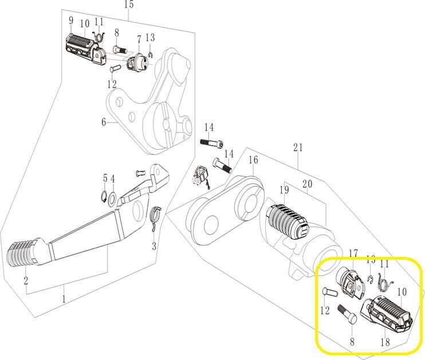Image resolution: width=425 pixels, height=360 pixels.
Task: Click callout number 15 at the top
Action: tap(128, 5)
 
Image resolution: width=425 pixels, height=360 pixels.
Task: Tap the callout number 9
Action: tap(70, 21)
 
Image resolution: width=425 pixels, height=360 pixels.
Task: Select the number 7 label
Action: tap(138, 39)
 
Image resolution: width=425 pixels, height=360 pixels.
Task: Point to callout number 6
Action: tap(104, 122)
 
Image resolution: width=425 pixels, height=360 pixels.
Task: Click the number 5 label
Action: tap(105, 178)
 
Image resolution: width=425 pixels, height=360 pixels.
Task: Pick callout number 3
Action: tap(154, 247)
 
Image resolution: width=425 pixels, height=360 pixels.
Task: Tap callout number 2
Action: tap(26, 280)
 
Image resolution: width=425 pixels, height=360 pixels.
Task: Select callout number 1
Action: tap(64, 299)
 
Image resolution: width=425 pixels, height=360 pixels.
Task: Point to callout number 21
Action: tap(297, 148)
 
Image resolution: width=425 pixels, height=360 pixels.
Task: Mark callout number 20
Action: tap(307, 184)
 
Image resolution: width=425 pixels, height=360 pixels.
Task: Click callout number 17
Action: tap(353, 253)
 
